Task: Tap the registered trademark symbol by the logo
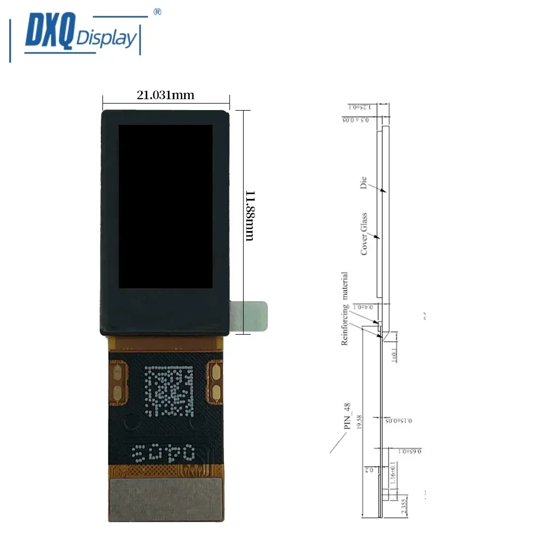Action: point(157,12)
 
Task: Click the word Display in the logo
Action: point(106,39)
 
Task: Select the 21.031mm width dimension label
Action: point(165,95)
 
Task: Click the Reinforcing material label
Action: point(344,308)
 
